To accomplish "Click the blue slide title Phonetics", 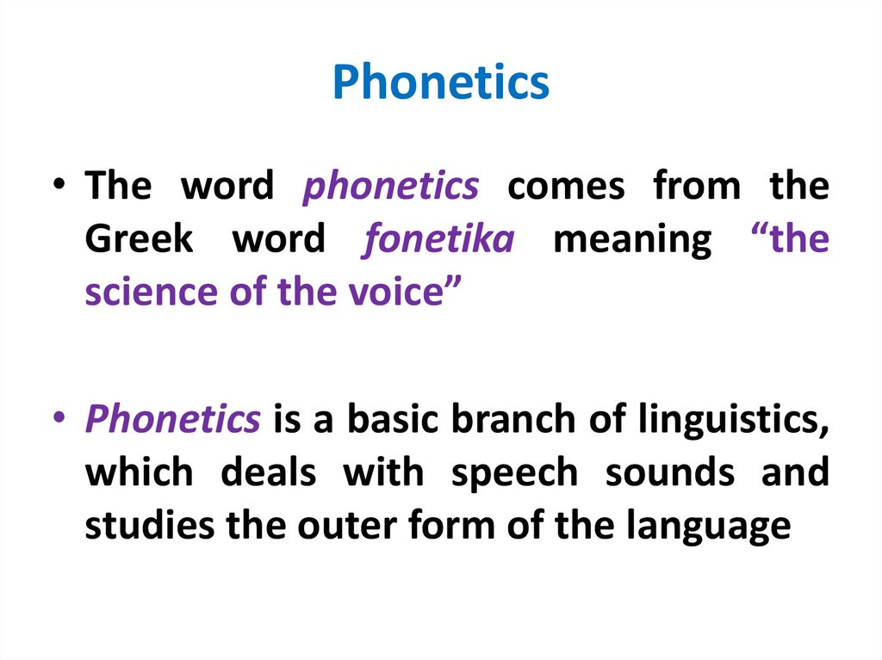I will tap(440, 83).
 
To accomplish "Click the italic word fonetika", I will tap(438, 239).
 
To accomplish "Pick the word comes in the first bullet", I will tap(565, 186).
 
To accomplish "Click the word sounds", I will tap(668, 472).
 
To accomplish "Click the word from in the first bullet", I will tap(696, 186).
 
